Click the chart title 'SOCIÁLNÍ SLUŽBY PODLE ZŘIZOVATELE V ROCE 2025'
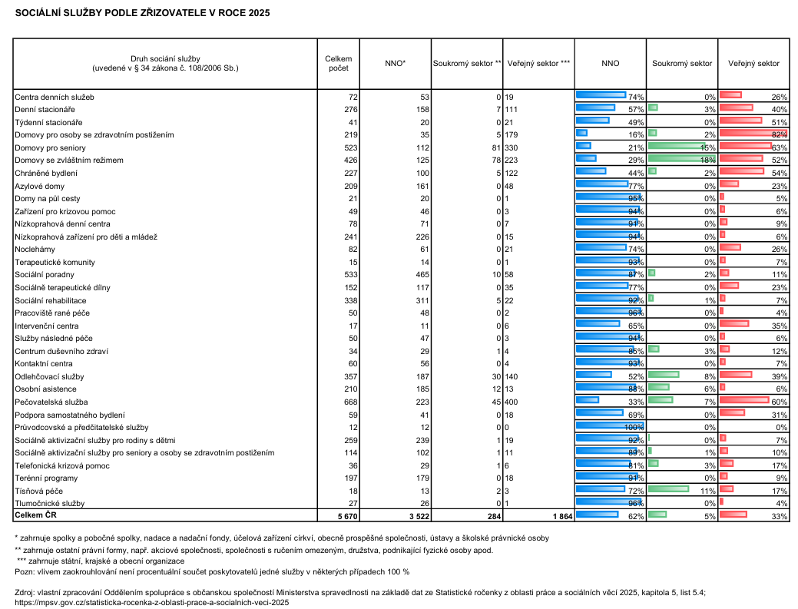click(143, 13)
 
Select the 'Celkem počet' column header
click(339, 64)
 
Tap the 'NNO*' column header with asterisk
click(396, 64)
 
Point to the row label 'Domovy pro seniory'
click(51, 148)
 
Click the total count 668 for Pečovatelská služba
click(351, 402)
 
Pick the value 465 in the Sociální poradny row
click(422, 275)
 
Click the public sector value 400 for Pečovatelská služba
click(512, 402)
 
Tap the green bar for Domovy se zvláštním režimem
click(681, 159)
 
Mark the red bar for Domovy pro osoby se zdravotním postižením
click(753, 134)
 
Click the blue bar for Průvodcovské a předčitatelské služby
click(610, 425)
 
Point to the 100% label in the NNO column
click(634, 428)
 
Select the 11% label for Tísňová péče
click(708, 492)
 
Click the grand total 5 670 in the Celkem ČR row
click(348, 516)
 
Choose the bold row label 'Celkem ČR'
click(35, 515)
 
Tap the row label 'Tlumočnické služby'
click(50, 504)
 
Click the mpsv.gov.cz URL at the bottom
click(151, 602)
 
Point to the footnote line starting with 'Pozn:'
click(212, 572)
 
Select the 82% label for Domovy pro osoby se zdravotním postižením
click(779, 135)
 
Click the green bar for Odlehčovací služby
click(664, 375)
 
